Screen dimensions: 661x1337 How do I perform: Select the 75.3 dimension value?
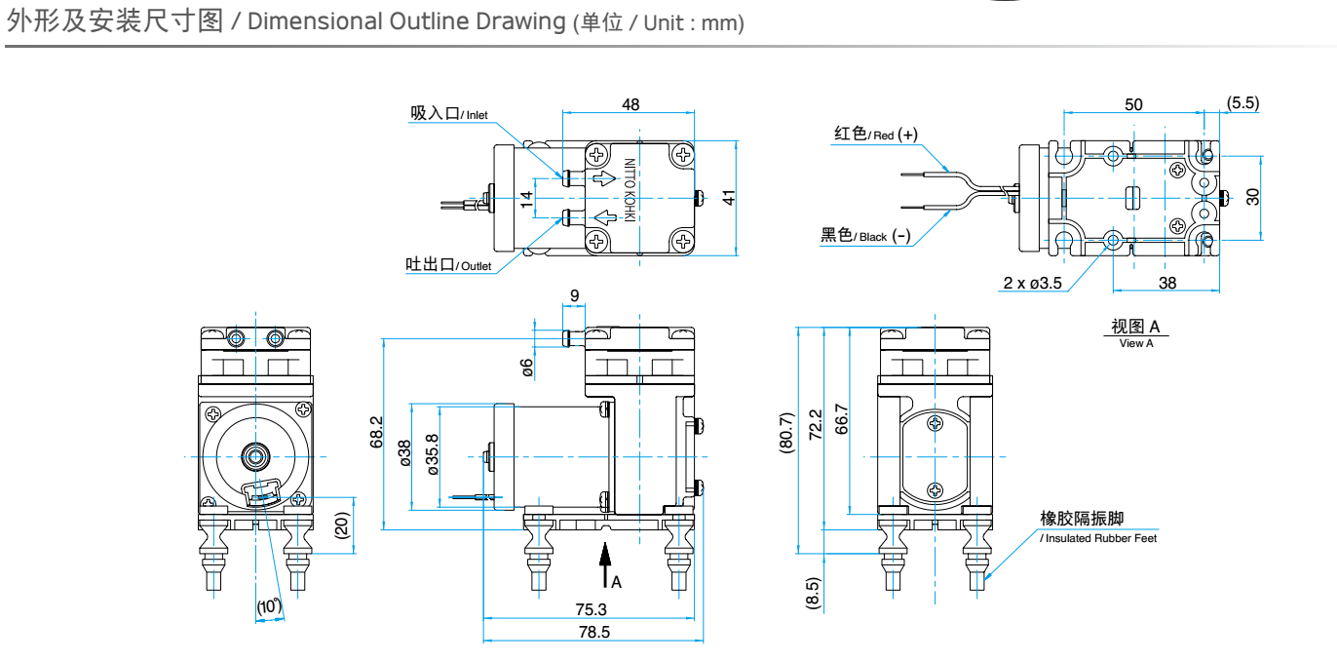tap(591, 609)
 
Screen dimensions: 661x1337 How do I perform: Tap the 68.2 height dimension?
tap(377, 432)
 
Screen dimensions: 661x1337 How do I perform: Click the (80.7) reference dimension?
tap(786, 433)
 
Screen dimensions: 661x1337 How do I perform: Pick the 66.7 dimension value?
tap(841, 419)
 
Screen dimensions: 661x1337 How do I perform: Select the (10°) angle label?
tap(269, 606)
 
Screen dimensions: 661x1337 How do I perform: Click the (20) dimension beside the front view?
tap(341, 526)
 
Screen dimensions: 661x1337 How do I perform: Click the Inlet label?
tap(449, 114)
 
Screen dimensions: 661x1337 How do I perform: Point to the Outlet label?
tap(449, 264)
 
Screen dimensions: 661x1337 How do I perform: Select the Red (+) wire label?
tap(875, 134)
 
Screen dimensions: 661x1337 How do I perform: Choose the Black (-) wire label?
tap(865, 235)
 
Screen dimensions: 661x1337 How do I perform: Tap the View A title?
tap(1136, 332)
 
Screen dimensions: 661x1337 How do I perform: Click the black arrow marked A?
tap(605, 563)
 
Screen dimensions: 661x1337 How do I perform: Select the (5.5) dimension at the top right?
tap(1242, 103)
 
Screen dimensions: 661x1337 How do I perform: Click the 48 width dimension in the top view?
tap(630, 104)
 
